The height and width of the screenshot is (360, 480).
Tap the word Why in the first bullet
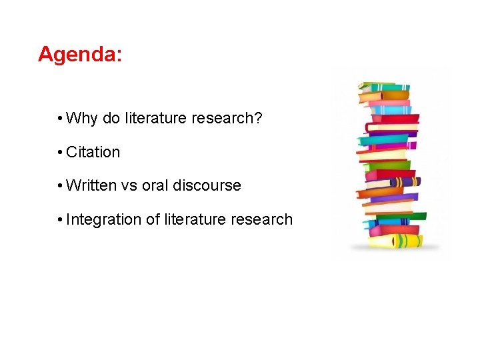tap(82, 119)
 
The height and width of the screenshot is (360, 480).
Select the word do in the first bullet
tap(111, 119)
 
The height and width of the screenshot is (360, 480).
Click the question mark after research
tap(259, 119)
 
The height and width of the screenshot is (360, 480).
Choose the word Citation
tap(93, 152)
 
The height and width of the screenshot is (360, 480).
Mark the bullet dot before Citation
tap(60, 153)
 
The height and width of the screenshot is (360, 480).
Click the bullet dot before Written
tap(60, 186)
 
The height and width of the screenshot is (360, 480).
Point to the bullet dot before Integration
tap(60, 220)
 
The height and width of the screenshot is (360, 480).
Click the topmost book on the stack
tap(384, 87)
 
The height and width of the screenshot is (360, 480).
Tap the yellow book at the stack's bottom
tap(396, 241)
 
